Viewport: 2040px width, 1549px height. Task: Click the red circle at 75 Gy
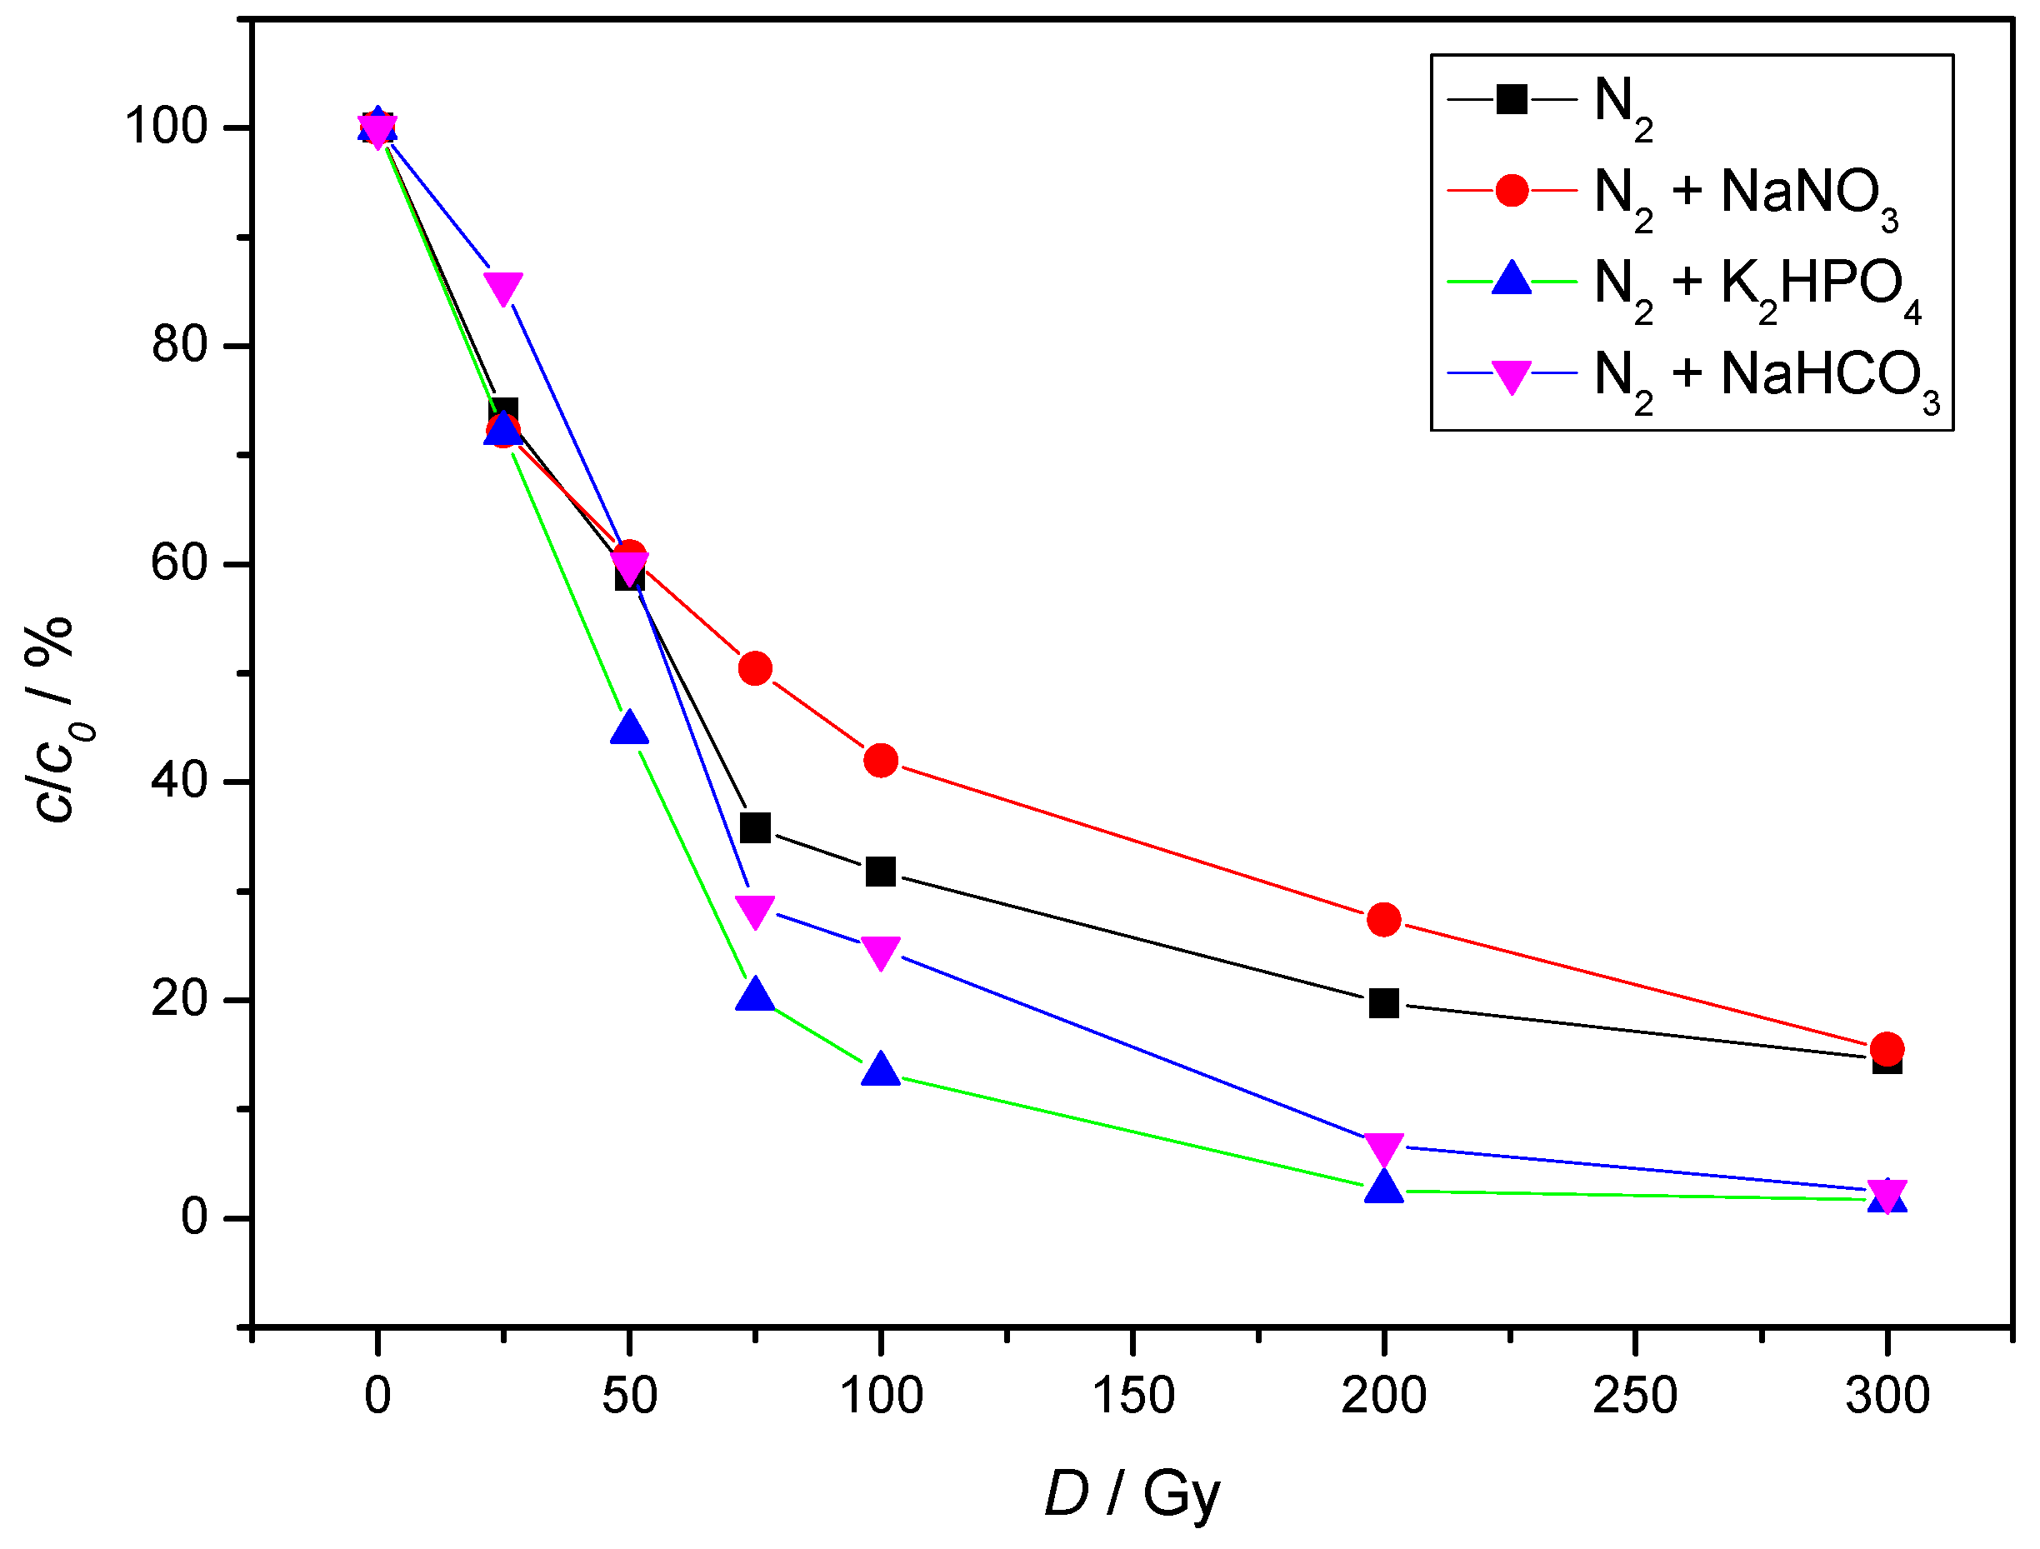point(755,668)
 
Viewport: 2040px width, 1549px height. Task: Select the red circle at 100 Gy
point(881,761)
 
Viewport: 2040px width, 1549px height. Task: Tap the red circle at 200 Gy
point(1383,919)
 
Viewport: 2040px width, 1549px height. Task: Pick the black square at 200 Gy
point(1383,1003)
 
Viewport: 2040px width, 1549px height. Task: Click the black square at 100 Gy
point(881,872)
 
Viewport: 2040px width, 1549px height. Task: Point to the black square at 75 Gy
point(755,828)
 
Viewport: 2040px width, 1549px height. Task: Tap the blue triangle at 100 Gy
point(881,1071)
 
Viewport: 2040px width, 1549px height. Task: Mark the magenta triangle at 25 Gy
point(503,287)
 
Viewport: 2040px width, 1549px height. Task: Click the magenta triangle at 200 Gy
point(1383,1148)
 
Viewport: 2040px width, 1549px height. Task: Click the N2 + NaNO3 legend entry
point(1743,193)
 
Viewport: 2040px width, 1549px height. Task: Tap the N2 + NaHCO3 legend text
point(1766,376)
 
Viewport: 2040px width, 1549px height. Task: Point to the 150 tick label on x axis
point(1132,1396)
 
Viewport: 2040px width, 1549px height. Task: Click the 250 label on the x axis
point(1635,1396)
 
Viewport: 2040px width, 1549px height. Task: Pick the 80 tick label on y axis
point(180,345)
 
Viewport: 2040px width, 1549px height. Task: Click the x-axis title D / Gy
point(1132,1494)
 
